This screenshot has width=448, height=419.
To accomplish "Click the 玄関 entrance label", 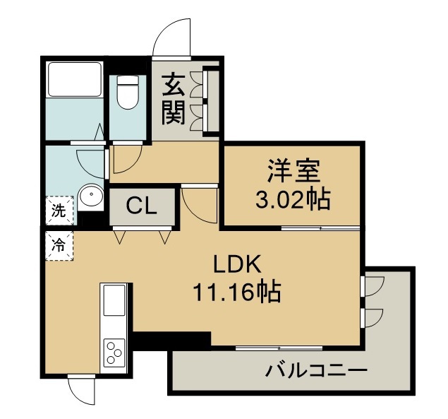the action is (x=174, y=100).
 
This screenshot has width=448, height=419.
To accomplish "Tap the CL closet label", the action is (x=142, y=206).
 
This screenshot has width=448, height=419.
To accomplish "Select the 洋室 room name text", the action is (x=293, y=170).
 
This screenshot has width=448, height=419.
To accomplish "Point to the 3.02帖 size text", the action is (x=293, y=199).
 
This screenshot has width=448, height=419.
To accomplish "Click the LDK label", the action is (x=237, y=264).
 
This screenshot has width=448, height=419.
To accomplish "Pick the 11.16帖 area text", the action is (x=237, y=293).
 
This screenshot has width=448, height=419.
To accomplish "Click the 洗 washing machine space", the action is (x=59, y=211).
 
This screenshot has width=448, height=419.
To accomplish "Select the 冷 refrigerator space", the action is (x=59, y=246).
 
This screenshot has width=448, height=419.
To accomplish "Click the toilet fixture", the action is (x=128, y=92).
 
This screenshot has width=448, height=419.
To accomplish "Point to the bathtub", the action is (x=75, y=79).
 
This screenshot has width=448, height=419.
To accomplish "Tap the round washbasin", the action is (x=91, y=194).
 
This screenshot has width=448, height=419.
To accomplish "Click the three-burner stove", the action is (x=114, y=353).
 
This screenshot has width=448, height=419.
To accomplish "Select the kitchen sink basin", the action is (x=114, y=300).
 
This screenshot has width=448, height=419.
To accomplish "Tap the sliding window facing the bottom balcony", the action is (x=279, y=348).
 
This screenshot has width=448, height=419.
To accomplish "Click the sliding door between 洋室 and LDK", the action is (x=320, y=228).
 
